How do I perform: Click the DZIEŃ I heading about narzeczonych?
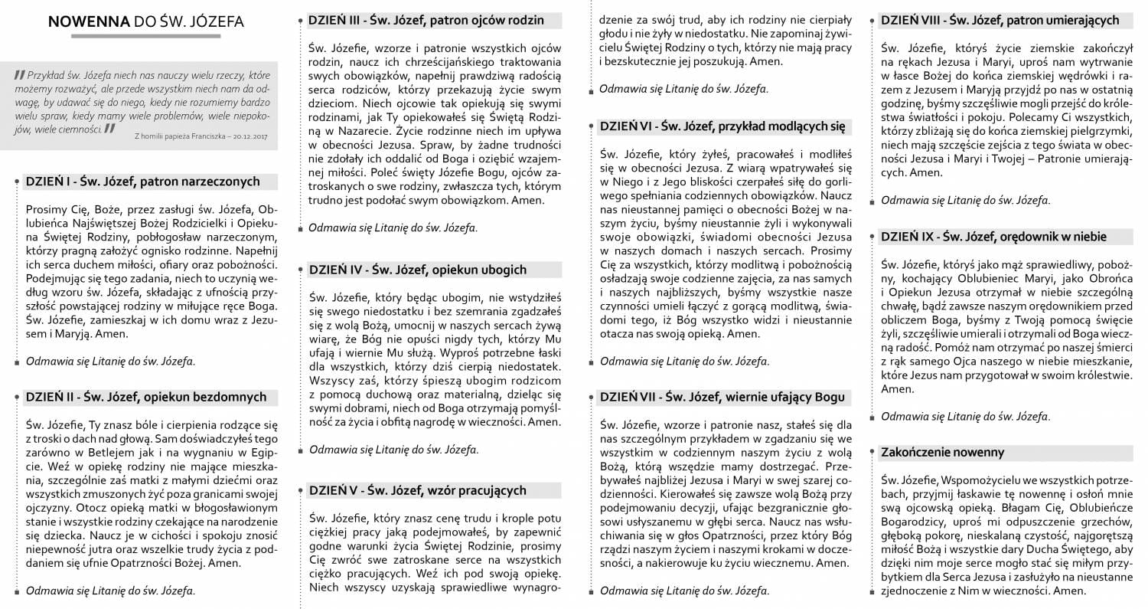tap(142, 182)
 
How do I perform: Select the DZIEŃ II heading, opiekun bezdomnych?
tap(145, 397)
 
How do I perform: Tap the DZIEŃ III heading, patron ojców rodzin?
tap(426, 21)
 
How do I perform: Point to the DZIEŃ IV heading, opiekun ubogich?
tap(417, 270)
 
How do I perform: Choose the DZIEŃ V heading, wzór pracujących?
tap(417, 490)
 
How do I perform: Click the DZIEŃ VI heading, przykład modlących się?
tap(722, 127)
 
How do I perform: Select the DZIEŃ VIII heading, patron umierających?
tap(1000, 21)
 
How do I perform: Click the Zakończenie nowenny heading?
tap(942, 452)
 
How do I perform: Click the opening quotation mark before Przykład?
tap(19, 75)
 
